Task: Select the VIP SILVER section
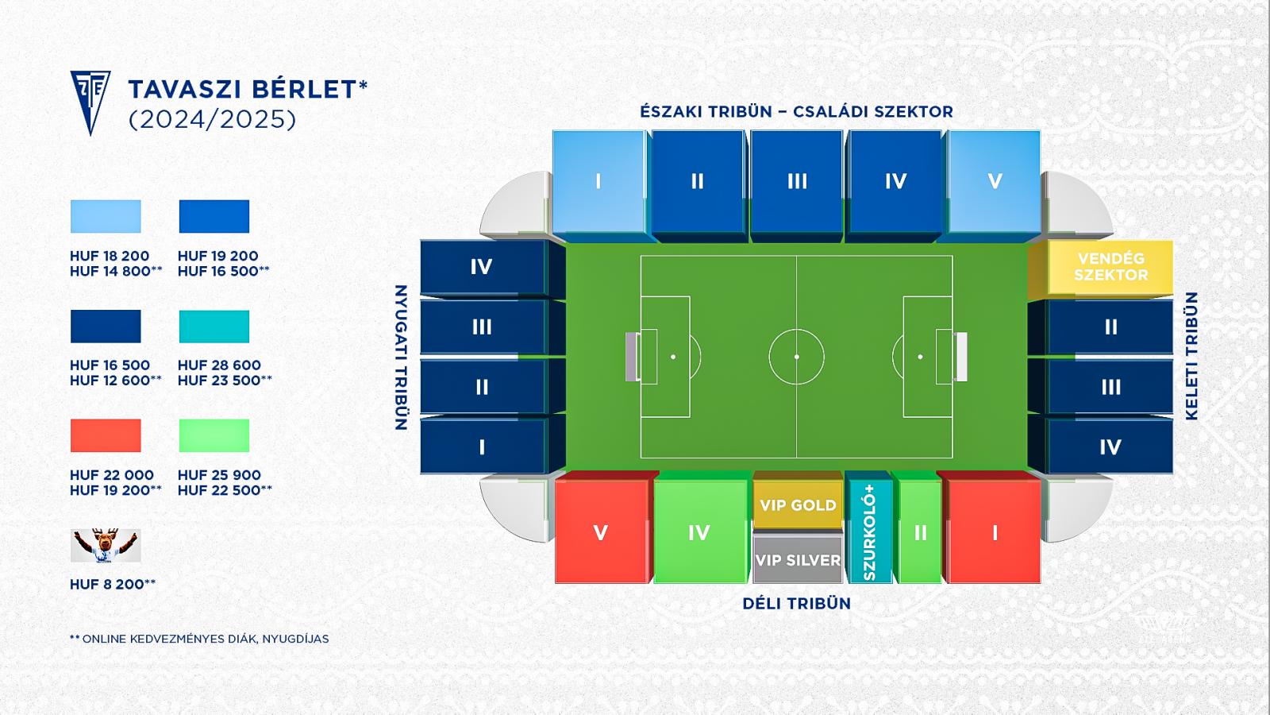coord(798,559)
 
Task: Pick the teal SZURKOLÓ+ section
coord(868,528)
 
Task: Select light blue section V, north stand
coord(992,183)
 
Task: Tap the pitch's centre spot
coord(797,357)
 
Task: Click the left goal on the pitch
coord(632,357)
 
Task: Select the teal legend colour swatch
coord(214,327)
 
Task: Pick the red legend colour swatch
coord(106,436)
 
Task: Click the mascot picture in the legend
coord(106,545)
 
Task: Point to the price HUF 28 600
coord(219,365)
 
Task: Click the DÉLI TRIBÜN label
coord(797,603)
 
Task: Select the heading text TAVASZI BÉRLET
coord(243,89)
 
